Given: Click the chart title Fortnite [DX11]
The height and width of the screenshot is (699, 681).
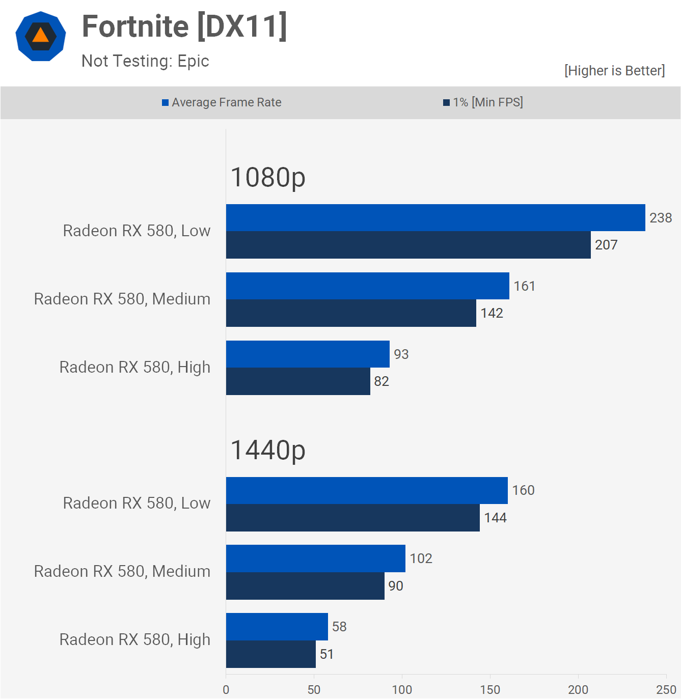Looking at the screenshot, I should (184, 26).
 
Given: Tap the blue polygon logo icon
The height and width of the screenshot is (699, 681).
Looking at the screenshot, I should (41, 36).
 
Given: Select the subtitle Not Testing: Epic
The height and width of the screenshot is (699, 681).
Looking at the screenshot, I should (145, 61).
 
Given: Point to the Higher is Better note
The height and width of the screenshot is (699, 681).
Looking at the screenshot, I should (614, 71).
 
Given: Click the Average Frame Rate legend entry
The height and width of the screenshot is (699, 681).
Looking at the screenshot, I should (222, 102).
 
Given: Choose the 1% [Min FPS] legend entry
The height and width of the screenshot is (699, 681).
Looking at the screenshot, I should (483, 102).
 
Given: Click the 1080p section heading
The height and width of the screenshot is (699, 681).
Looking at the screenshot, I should (268, 178).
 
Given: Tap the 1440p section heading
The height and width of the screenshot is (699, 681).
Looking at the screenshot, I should (268, 450).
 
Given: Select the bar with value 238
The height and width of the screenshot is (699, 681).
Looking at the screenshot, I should (435, 218).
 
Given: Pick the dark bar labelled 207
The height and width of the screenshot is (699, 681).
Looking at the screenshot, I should (408, 245).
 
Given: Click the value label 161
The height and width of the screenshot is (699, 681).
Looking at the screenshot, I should (524, 286).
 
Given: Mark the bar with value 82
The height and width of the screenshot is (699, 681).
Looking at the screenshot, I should (298, 381).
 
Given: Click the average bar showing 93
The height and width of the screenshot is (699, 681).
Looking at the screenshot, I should (308, 354).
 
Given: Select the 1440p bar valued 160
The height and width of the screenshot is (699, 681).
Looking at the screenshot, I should (367, 490).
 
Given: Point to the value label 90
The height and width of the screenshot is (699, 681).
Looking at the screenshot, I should (396, 586).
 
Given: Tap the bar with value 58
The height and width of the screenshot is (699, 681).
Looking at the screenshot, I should (277, 627).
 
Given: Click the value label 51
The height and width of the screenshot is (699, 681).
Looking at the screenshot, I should (326, 654).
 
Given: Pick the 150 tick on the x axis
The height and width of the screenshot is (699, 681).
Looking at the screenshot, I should (490, 690).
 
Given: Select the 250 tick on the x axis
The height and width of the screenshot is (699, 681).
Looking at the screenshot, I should (666, 690).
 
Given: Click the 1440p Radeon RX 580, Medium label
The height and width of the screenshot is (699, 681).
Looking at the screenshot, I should (122, 571).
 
